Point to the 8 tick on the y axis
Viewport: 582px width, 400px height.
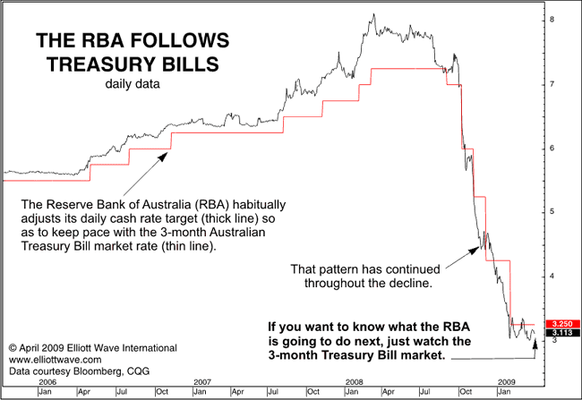[x=554, y=20]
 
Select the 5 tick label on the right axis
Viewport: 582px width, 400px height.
[x=554, y=212]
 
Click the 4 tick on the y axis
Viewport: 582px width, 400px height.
[x=554, y=277]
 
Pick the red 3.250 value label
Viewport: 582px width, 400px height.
[x=561, y=322]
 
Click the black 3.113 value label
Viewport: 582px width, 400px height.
[x=561, y=331]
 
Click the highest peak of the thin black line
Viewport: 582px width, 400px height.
[x=372, y=14]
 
